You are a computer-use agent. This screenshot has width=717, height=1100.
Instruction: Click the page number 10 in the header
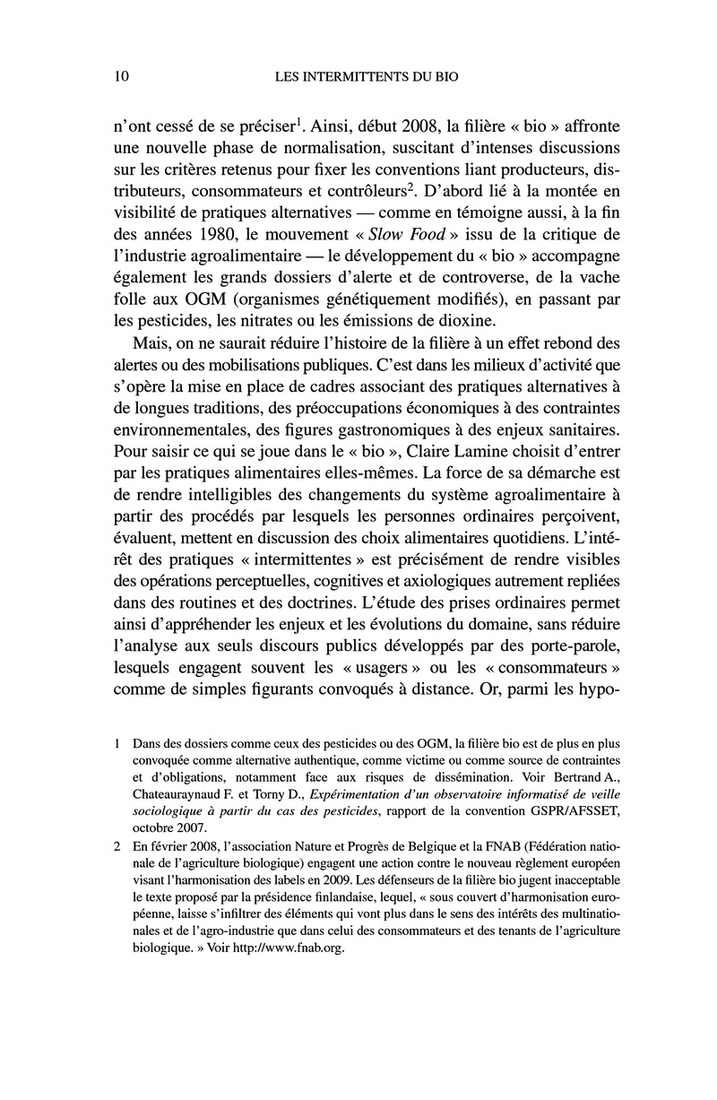click(x=124, y=78)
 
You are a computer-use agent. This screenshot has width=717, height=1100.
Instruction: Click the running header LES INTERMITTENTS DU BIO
click(x=365, y=78)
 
